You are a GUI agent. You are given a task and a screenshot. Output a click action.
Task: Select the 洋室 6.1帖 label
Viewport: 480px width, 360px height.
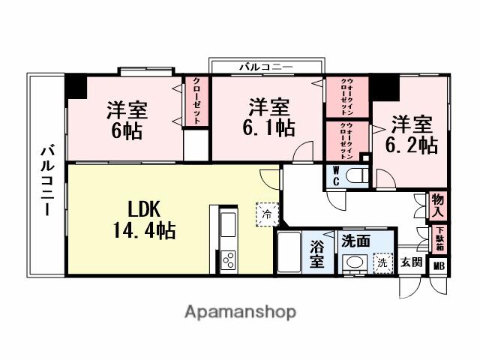coord(268,117)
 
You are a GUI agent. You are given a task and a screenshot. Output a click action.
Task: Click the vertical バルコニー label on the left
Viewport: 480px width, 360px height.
coord(46,179)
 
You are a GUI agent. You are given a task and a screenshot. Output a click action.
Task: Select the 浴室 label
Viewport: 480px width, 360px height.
coord(316,253)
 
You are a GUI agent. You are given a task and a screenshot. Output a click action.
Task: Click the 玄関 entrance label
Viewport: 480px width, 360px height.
coord(410,262)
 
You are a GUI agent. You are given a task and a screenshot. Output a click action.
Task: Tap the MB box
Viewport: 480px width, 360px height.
coord(439,264)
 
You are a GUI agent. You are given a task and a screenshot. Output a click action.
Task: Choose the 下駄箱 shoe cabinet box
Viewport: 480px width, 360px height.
coord(439,237)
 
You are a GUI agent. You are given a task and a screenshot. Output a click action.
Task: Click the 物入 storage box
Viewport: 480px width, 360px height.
coord(439,205)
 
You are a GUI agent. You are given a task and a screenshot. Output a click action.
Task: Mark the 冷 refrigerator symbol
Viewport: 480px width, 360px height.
coord(268,214)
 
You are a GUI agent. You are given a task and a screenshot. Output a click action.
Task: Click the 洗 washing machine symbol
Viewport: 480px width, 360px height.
coord(382,262)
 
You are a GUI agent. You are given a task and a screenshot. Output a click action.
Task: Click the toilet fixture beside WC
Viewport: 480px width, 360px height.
coord(356,176)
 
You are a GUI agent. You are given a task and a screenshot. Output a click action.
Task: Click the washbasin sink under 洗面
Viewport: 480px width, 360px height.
coord(352,262)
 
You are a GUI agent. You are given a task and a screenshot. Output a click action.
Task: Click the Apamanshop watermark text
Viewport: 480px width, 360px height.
coord(240,311)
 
